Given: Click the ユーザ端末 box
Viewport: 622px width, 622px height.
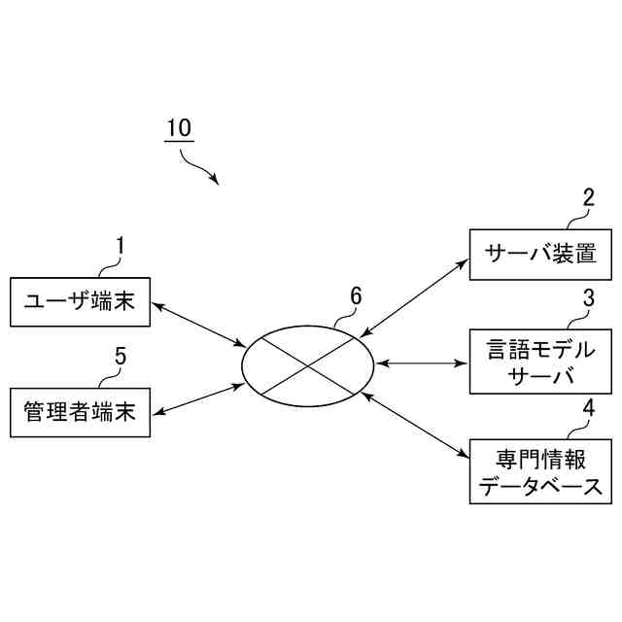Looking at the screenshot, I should click(80, 302).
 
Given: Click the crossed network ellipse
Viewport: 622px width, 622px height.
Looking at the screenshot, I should click(308, 365).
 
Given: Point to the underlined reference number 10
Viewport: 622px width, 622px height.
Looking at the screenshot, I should click(179, 128).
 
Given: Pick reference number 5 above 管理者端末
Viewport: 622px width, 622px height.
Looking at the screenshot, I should click(121, 356).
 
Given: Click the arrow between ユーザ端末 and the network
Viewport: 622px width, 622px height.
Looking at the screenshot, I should click(198, 325).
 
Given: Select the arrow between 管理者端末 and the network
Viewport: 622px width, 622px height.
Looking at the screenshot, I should click(198, 399).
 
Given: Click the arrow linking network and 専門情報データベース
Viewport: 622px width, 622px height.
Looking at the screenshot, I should click(412, 425).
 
